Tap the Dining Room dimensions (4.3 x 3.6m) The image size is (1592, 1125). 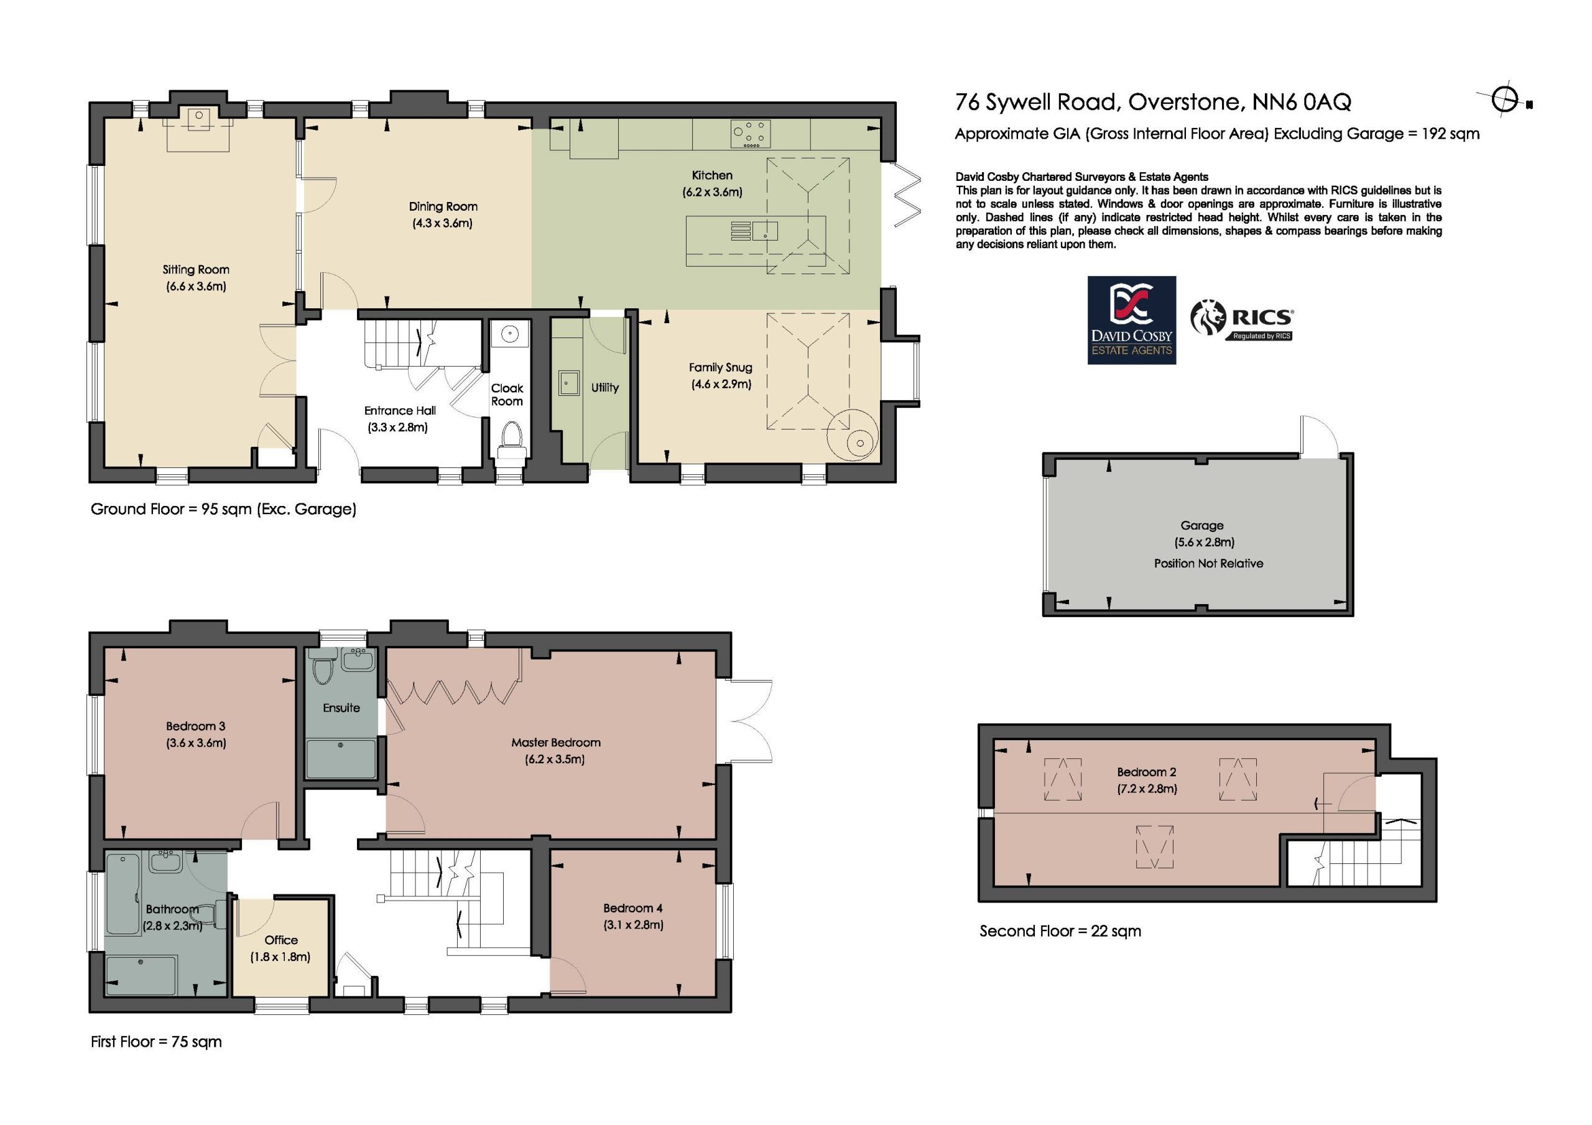point(442,223)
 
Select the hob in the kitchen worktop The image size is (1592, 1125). point(750,134)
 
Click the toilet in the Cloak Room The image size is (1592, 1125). point(512,439)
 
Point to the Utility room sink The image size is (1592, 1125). point(569,383)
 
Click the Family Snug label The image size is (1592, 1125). point(720,367)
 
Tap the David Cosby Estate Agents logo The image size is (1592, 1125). point(1132,320)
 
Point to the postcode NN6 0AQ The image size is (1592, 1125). point(1302,103)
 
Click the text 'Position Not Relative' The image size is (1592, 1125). point(1208,564)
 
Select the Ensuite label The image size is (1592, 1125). point(341,708)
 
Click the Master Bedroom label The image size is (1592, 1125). point(555,742)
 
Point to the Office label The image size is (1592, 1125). point(281,940)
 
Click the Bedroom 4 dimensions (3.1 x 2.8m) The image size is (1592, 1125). point(633,925)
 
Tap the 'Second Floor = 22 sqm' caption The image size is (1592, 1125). point(1060,931)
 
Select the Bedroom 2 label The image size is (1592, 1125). point(1146,771)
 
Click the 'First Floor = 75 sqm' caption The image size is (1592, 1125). point(156,1042)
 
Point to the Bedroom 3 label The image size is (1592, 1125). point(195,727)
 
